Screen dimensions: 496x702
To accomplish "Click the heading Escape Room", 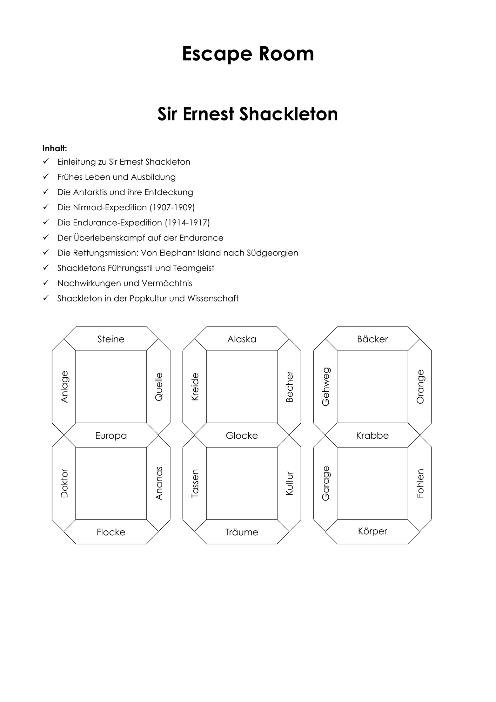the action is pyautogui.click(x=248, y=54).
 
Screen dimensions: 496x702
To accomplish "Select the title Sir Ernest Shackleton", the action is pyautogui.click(x=248, y=114).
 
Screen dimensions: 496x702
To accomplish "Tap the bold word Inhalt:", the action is pyautogui.click(x=55, y=148).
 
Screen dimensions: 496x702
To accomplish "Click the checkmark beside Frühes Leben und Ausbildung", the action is pyautogui.click(x=46, y=177).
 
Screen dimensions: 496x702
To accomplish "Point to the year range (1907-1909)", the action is pyautogui.click(x=172, y=207).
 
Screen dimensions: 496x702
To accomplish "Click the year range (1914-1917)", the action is pyautogui.click(x=187, y=223).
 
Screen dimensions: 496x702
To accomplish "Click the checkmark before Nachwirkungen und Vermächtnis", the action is pyautogui.click(x=46, y=283).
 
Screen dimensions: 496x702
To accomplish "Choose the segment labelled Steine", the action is pyautogui.click(x=111, y=339).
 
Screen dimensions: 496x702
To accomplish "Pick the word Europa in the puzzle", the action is pyautogui.click(x=111, y=436).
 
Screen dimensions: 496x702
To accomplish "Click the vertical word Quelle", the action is pyautogui.click(x=159, y=387).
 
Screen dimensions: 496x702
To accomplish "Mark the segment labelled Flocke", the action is pyautogui.click(x=111, y=532).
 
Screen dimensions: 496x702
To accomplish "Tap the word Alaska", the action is pyautogui.click(x=242, y=339).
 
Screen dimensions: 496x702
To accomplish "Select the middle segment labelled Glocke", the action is pyautogui.click(x=242, y=436).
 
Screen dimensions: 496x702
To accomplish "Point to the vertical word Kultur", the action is pyautogui.click(x=289, y=483).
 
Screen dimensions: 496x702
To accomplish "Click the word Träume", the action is pyautogui.click(x=242, y=532).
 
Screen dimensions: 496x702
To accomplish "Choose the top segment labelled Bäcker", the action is pyautogui.click(x=373, y=339).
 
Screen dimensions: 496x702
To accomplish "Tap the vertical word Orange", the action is pyautogui.click(x=420, y=387).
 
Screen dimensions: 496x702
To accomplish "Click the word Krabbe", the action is pyautogui.click(x=373, y=436).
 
